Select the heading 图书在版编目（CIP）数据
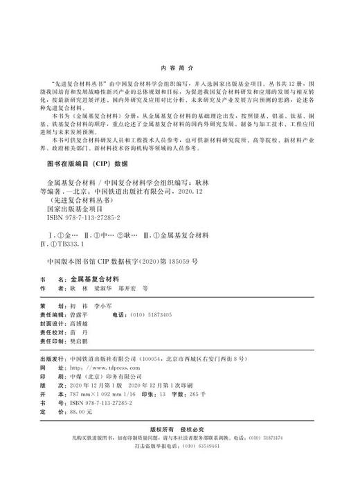[x=87, y=164]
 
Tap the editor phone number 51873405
[x=160, y=314]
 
